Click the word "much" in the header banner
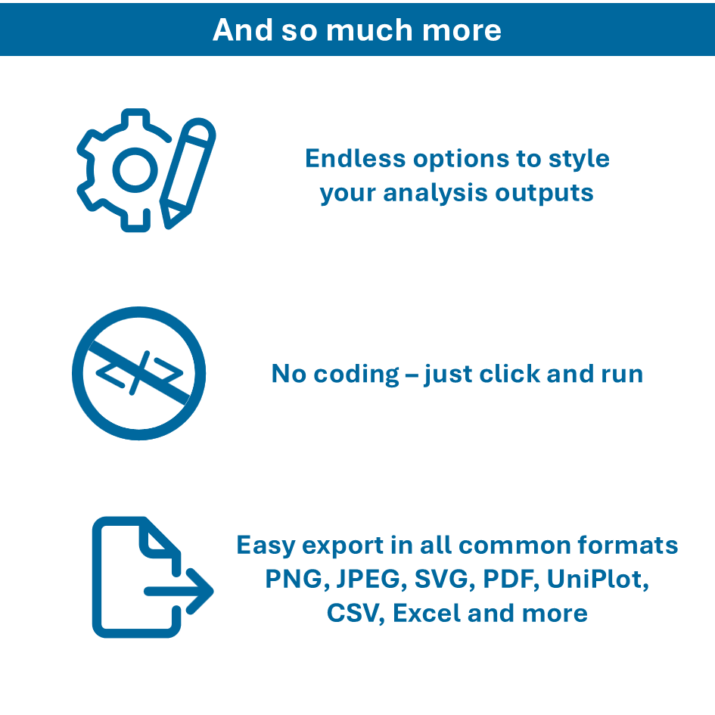tap(370, 30)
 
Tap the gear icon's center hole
tap(135, 170)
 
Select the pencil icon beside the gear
tap(188, 173)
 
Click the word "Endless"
tap(355, 159)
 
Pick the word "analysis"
tap(435, 194)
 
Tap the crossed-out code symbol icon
tap(138, 374)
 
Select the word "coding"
tap(356, 375)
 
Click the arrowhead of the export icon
tap(200, 591)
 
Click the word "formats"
tap(627, 545)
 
